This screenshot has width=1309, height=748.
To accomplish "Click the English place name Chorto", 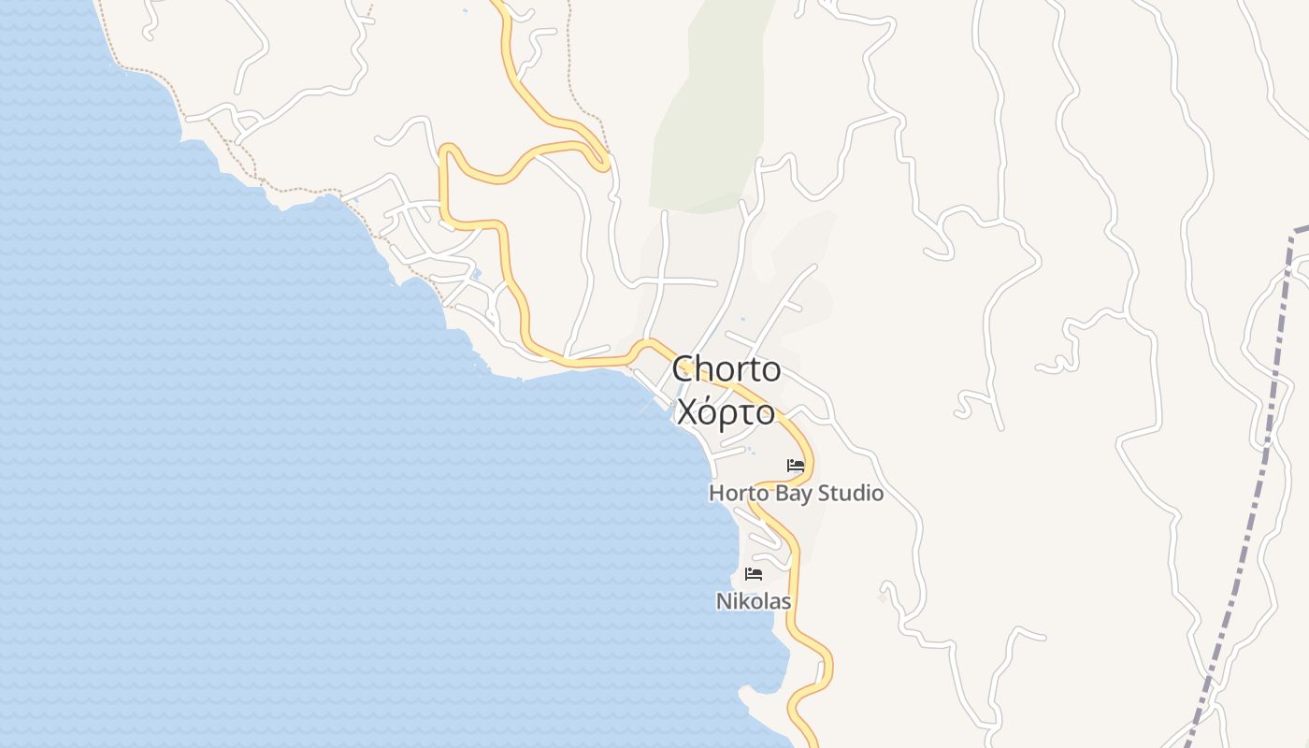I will click(726, 369).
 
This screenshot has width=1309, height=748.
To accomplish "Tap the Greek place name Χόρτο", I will click(726, 411).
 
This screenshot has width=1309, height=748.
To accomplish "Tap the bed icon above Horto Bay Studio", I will click(796, 465).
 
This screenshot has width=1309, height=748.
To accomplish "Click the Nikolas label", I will click(754, 601).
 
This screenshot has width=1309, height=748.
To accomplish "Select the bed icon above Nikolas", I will click(754, 573).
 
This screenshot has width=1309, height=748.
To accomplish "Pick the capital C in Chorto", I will click(683, 369).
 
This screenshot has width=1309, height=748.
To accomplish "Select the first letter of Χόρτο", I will click(687, 411).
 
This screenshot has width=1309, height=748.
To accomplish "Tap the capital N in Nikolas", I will click(723, 601).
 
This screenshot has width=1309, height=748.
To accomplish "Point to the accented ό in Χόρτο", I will click(711, 411).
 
